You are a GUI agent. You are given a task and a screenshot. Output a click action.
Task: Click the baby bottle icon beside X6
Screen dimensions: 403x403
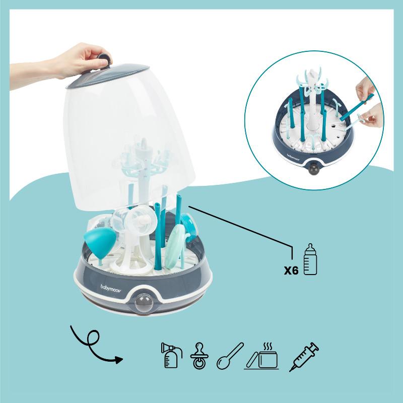coord(310,260)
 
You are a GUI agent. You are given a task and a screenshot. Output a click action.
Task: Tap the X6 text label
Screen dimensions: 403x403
coord(291,270)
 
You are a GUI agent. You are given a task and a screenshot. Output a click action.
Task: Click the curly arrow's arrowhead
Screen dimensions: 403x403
coord(119,360)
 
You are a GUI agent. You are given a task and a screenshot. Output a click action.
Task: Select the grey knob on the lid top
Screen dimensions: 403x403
coord(104,58)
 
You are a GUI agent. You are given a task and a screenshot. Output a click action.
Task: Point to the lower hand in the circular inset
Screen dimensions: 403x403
coord(370,119)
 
